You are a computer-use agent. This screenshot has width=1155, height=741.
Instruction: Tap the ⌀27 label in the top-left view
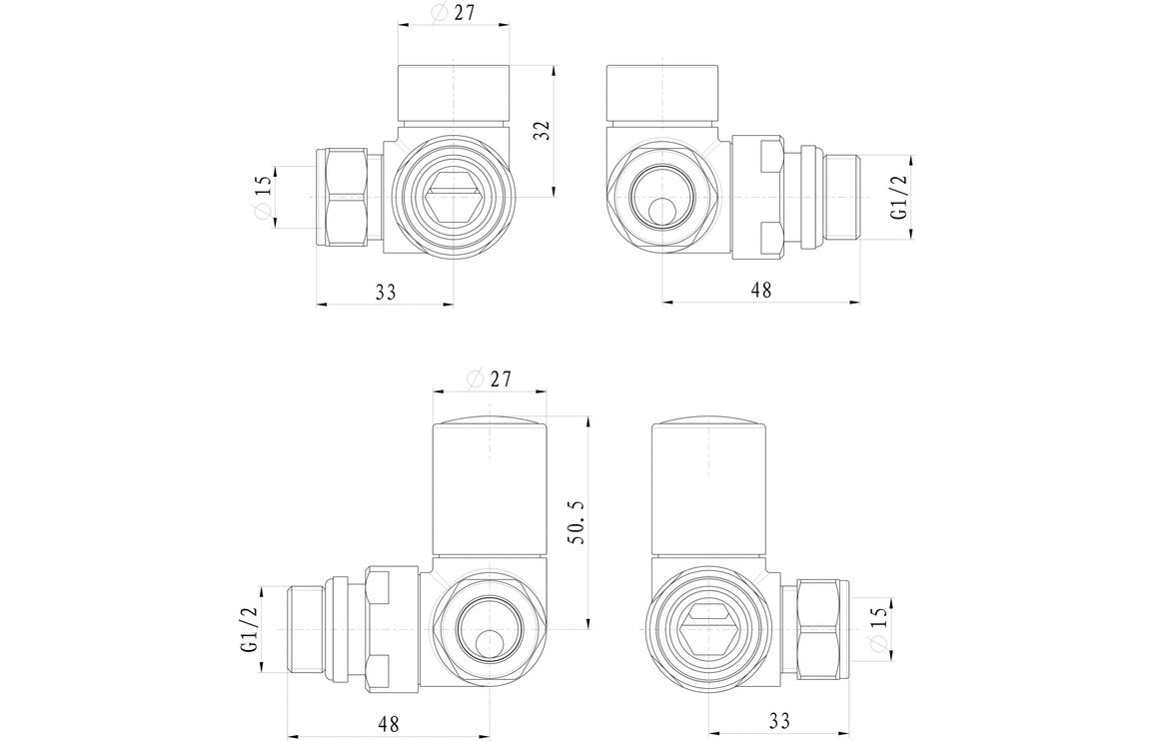454,13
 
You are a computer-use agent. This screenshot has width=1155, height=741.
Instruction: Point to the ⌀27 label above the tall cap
490,379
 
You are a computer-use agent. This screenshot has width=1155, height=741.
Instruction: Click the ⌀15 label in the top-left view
263,198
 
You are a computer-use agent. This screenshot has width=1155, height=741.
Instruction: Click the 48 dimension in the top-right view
761,290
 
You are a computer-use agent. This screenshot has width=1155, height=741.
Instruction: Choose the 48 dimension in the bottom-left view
388,720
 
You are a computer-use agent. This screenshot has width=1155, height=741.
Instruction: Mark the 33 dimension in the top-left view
386,292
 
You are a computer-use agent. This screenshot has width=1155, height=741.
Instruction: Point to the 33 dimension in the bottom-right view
779,720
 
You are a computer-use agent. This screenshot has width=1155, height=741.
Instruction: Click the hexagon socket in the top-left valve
455,198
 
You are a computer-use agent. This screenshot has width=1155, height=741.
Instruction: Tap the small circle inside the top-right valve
660,212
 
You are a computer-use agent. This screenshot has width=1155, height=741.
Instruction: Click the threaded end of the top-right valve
840,197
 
